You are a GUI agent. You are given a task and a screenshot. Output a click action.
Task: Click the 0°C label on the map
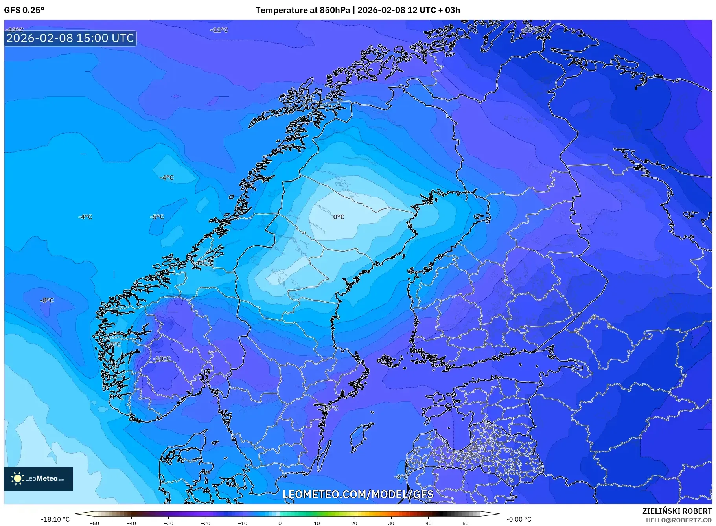pyautogui.click(x=339, y=217)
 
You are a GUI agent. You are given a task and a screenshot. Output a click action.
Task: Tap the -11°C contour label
pyautogui.click(x=219, y=30)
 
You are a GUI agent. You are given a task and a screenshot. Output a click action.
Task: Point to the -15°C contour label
pyautogui.click(x=531, y=30)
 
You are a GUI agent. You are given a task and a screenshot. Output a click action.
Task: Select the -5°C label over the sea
pyautogui.click(x=157, y=217)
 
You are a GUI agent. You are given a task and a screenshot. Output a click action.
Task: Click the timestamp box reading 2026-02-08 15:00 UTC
pyautogui.click(x=70, y=38)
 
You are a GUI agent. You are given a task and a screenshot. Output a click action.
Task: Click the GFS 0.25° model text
pyautogui.click(x=24, y=10)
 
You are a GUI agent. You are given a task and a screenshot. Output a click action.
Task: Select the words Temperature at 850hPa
pyautogui.click(x=302, y=10)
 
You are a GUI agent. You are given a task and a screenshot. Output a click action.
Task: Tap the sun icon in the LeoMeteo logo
pyautogui.click(x=18, y=478)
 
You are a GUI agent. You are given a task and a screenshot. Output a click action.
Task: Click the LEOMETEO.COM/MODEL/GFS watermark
pyautogui.click(x=358, y=494)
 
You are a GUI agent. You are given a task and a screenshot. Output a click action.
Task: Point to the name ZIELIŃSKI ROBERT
pyautogui.click(x=677, y=511)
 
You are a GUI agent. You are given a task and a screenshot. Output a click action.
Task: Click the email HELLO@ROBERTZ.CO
pyautogui.click(x=679, y=520)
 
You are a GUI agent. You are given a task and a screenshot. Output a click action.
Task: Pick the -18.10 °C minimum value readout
pyautogui.click(x=55, y=519)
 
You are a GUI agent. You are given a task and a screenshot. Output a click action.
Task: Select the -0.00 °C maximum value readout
pyautogui.click(x=519, y=519)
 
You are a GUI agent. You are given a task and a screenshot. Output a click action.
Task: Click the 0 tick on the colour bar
pyautogui.click(x=280, y=523)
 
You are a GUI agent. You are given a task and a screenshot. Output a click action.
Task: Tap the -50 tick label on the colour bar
pyautogui.click(x=94, y=523)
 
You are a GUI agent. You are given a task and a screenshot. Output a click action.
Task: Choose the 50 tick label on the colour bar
pyautogui.click(x=466, y=523)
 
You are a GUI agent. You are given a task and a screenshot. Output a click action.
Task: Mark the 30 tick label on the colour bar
pyautogui.click(x=391, y=523)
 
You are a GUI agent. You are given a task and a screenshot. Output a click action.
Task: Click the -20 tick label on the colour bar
pyautogui.click(x=206, y=523)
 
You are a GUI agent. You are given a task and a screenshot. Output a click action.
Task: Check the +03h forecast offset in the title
pyautogui.click(x=452, y=10)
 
